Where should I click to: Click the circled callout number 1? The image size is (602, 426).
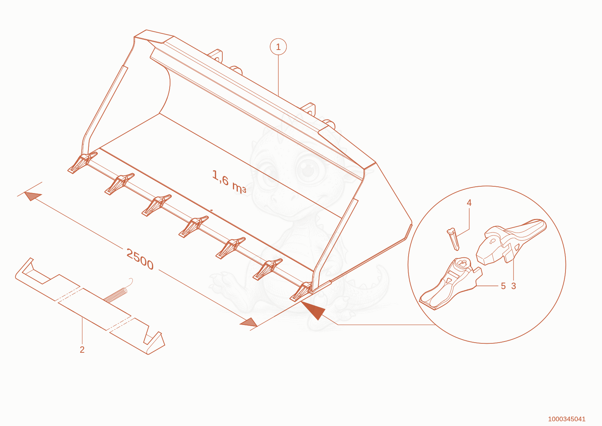point(278,47)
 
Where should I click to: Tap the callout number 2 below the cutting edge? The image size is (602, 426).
point(82,349)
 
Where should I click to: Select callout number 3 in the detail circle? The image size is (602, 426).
point(514,286)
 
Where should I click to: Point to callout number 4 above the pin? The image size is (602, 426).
point(469,203)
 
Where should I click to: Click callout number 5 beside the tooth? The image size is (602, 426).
point(503,286)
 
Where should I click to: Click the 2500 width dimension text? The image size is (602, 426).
point(140,259)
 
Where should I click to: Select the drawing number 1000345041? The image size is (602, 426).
point(567,419)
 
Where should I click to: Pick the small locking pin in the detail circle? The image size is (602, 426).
point(453,239)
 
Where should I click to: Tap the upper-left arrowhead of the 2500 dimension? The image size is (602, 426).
point(33,196)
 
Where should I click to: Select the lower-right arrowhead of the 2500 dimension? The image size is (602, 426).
point(249,322)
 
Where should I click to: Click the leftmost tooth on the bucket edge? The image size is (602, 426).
point(82,162)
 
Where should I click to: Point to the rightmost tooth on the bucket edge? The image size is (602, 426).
point(301,292)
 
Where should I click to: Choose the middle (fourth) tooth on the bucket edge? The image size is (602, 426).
point(193,227)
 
